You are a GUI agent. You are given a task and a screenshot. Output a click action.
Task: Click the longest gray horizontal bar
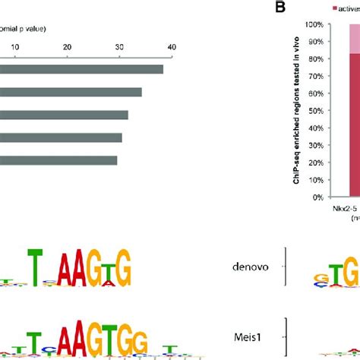click(81, 69)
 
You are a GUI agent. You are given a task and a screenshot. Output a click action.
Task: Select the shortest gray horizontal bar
click(58, 160)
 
